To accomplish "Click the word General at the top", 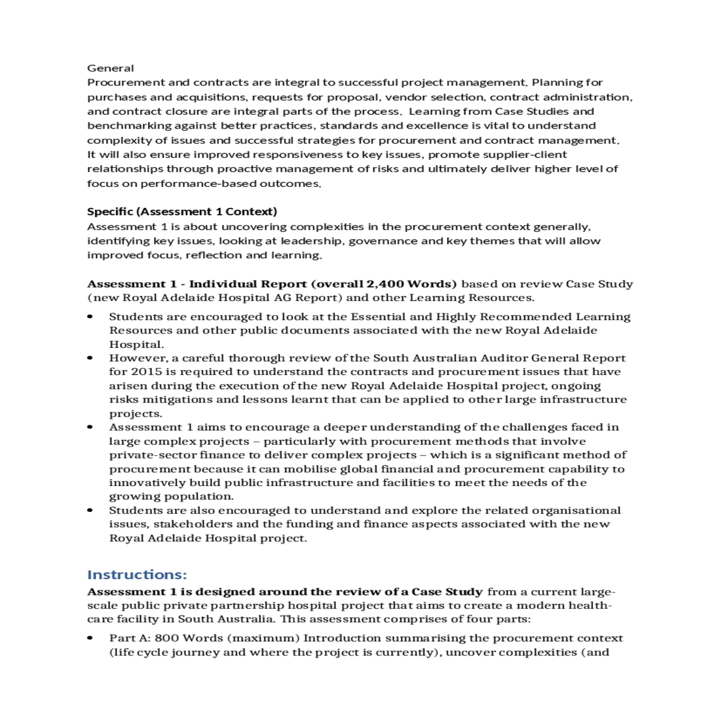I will tap(111, 68).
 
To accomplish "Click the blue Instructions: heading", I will tap(137, 574).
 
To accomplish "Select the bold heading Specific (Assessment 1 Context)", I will tap(182, 211).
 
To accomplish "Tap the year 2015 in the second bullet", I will tap(146, 372).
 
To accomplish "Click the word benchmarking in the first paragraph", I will tap(129, 126).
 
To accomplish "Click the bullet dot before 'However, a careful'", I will tap(90, 358).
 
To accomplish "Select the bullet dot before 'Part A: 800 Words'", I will tap(90, 638).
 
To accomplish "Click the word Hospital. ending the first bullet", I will tap(127, 344).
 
